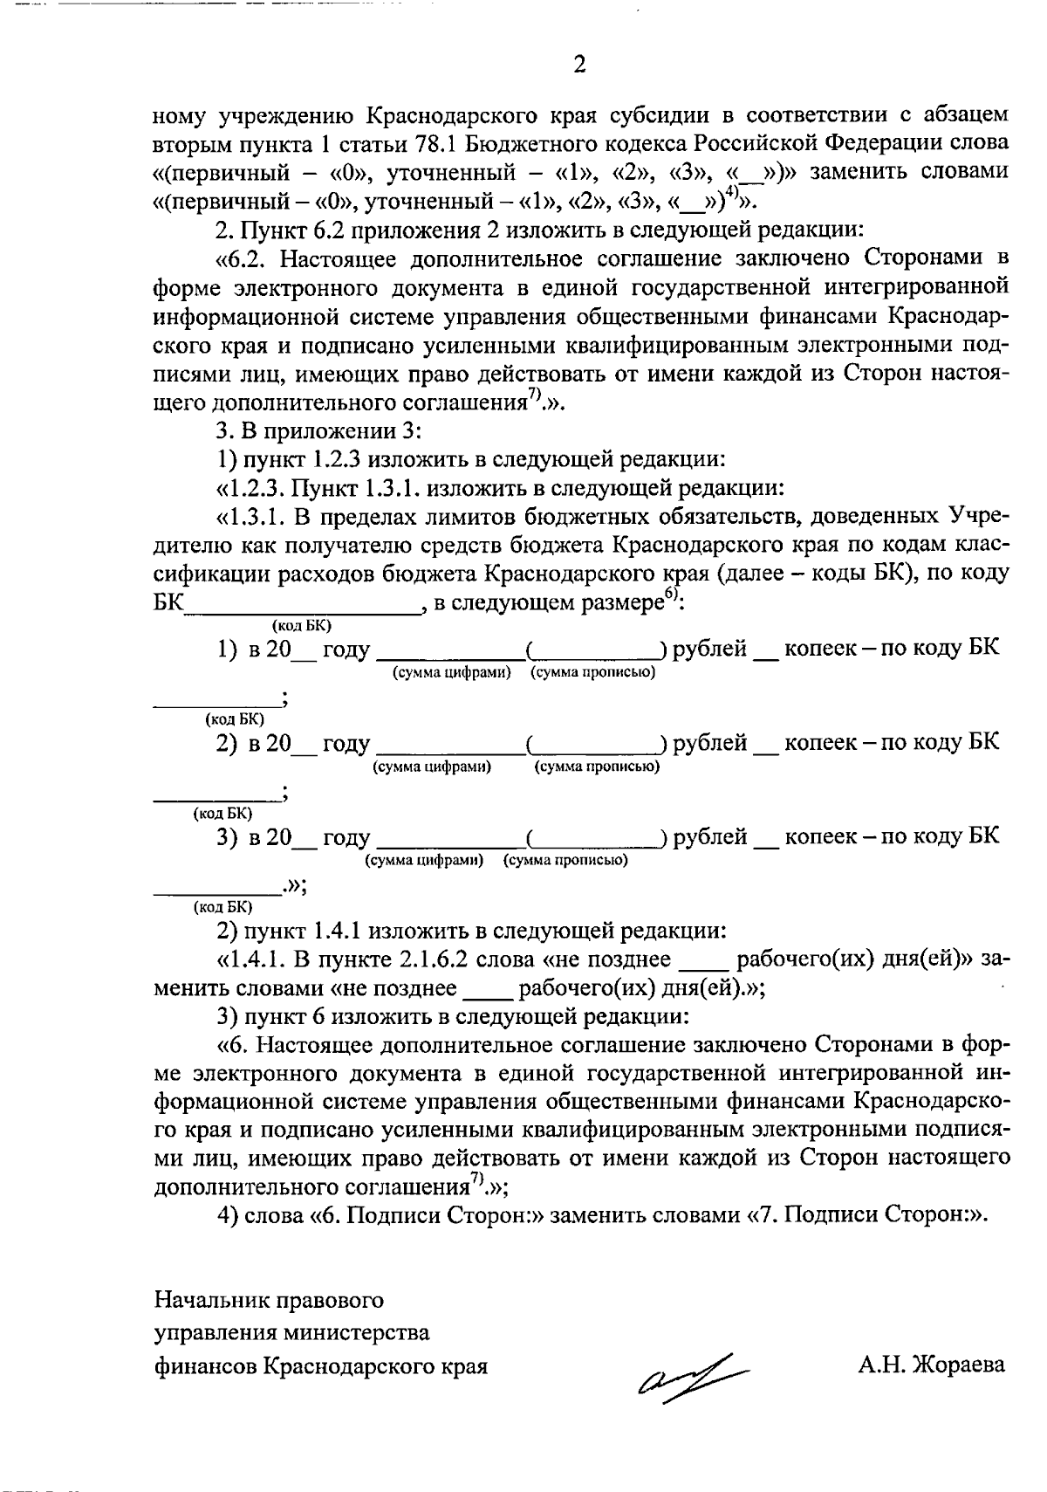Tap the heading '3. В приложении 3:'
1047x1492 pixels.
[x=318, y=431]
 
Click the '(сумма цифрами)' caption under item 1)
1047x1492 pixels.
[x=449, y=672]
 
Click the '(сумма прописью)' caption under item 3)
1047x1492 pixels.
[x=565, y=860]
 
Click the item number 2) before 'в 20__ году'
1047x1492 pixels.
[x=227, y=744]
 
